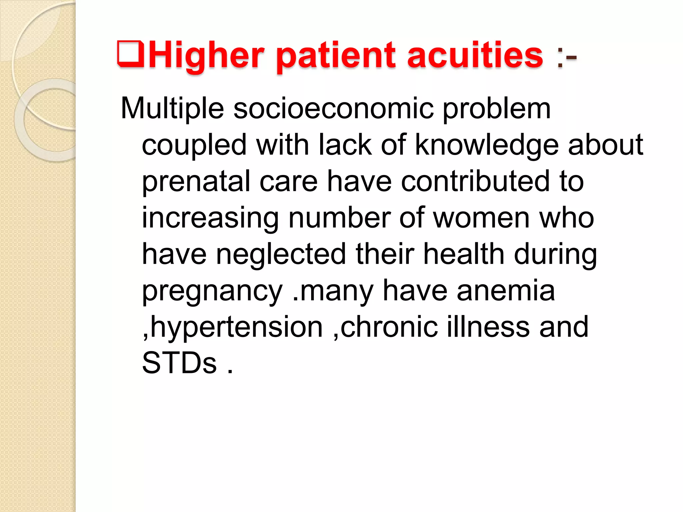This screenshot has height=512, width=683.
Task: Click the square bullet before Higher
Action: (x=130, y=54)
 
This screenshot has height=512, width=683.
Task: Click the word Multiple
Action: (x=172, y=109)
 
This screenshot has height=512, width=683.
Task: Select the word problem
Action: (x=497, y=109)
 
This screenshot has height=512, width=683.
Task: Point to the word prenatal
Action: (x=196, y=182)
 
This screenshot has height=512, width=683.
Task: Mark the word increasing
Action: (x=210, y=218)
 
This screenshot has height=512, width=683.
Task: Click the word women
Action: (x=481, y=218)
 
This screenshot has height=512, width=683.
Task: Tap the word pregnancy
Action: (x=212, y=291)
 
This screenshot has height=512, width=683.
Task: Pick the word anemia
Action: (x=506, y=291)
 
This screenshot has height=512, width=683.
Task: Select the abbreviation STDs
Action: (x=179, y=363)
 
